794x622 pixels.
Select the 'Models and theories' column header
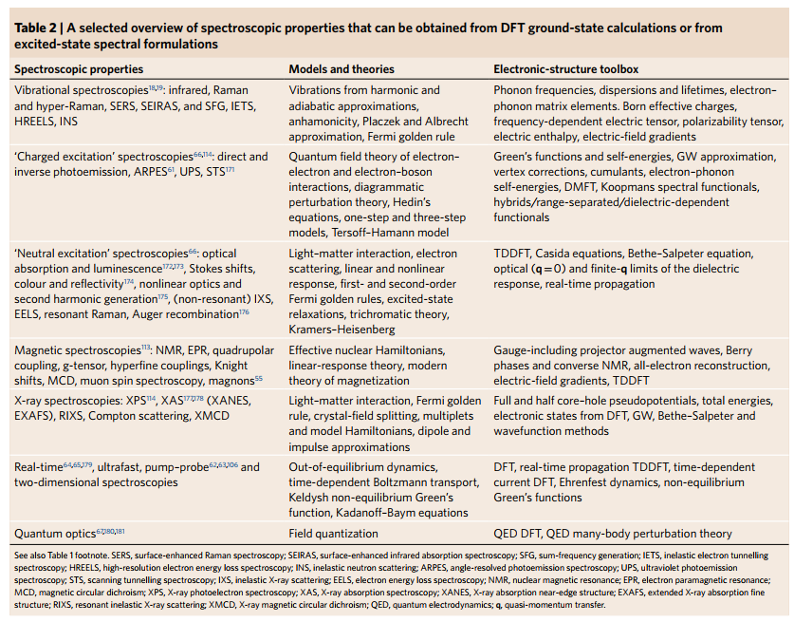pyautogui.click(x=342, y=69)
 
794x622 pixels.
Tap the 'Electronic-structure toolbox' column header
pyautogui.click(x=566, y=69)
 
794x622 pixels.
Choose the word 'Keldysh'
pyautogui.click(x=312, y=497)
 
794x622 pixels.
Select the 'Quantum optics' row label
pyautogui.click(x=53, y=534)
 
